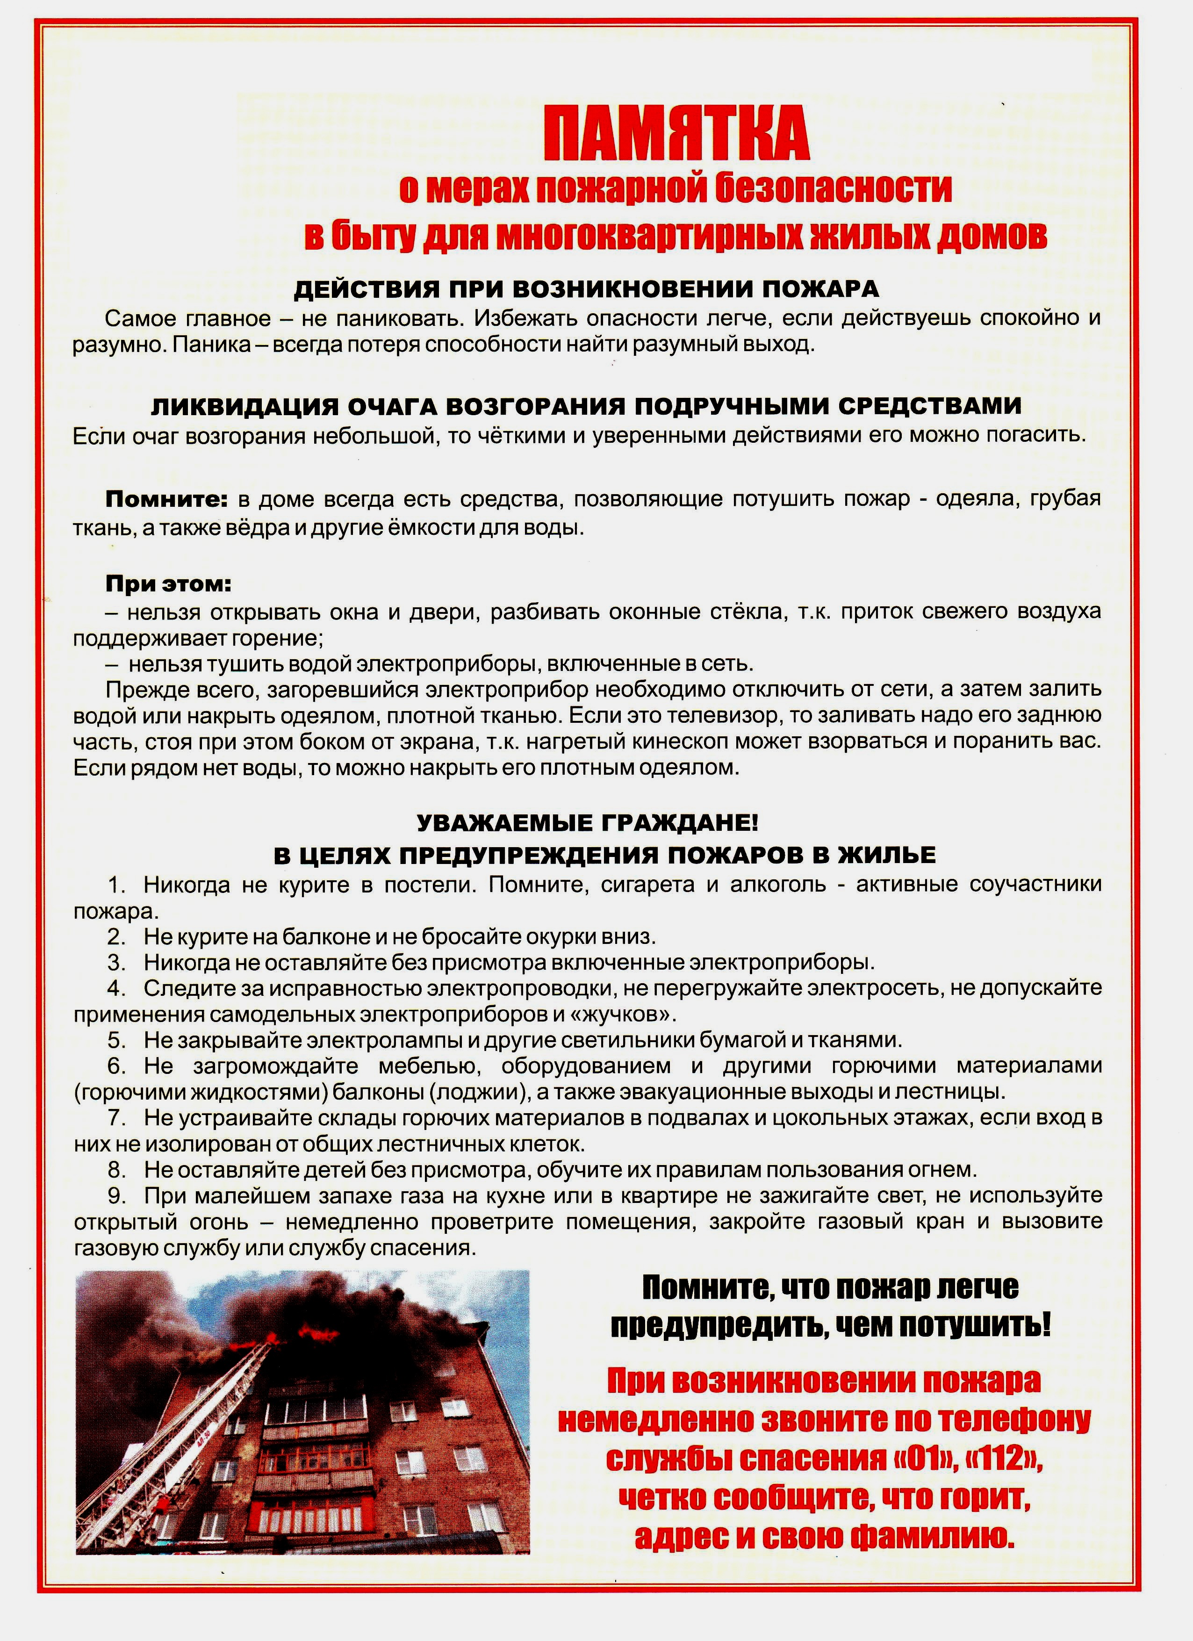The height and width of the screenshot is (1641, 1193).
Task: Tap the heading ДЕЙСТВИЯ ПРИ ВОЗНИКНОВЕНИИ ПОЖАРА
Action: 586,289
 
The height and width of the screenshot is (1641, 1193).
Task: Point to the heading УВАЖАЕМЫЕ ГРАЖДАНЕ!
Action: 588,823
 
